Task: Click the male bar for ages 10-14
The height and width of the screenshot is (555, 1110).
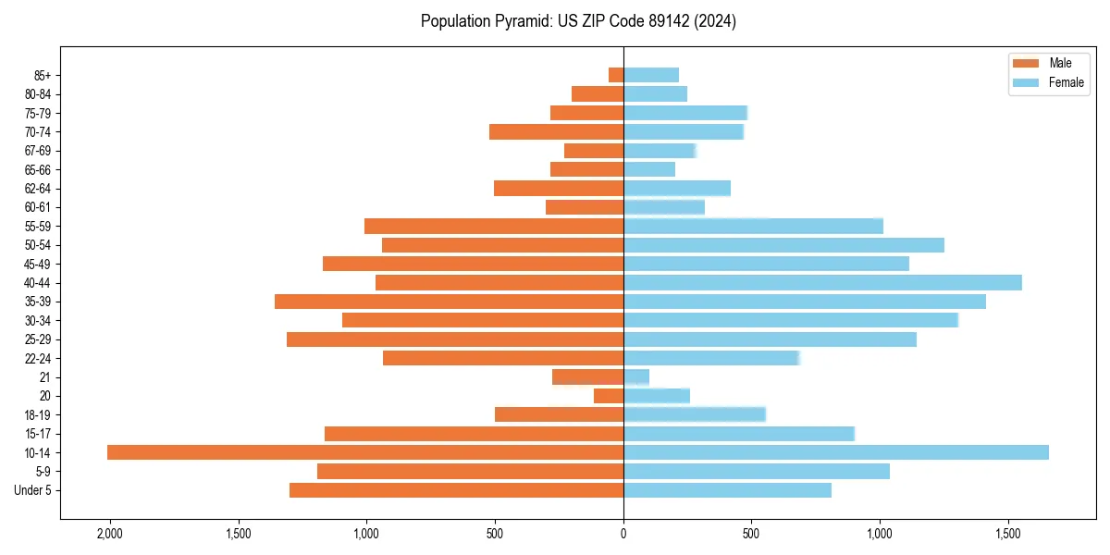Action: tap(365, 452)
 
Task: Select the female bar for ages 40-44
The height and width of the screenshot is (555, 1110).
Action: tap(822, 282)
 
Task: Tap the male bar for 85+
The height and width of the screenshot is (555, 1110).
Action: tap(616, 75)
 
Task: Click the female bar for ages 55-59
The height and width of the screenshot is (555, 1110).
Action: tap(753, 226)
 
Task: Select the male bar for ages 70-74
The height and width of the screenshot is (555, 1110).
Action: tap(556, 131)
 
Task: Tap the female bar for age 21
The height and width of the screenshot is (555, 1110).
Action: tap(636, 376)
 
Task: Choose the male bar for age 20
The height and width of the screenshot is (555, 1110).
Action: tap(609, 396)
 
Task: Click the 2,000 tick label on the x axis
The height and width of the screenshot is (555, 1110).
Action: tap(110, 534)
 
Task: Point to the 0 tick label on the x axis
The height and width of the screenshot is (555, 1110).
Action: tap(623, 534)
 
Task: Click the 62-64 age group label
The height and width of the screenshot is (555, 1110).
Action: tap(37, 189)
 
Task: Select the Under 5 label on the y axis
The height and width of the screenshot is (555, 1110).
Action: tap(32, 490)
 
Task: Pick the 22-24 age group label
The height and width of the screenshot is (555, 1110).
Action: tap(37, 358)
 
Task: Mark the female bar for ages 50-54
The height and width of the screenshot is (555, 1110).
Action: tap(783, 245)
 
